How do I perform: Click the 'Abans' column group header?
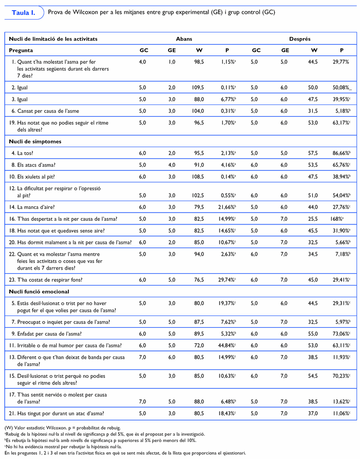click(185, 39)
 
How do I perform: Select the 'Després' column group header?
click(300, 39)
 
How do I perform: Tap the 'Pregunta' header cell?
click(22, 50)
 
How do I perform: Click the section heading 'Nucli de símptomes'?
click(33, 142)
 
